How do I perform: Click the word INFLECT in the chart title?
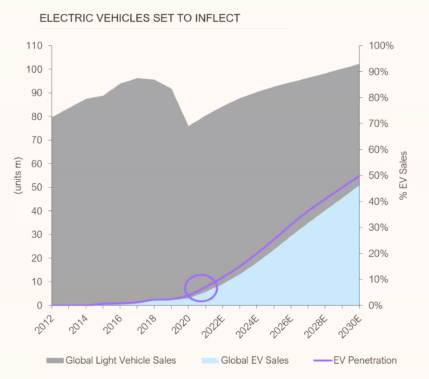click(217, 18)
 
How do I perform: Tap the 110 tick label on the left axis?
click(34, 46)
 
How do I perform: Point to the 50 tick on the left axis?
click(37, 187)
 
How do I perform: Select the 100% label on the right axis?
click(381, 46)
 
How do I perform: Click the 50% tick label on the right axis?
click(379, 176)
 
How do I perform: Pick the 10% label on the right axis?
click(379, 279)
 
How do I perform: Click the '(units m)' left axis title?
click(18, 176)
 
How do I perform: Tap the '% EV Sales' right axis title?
click(404, 176)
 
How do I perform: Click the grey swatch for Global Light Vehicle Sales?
click(55, 360)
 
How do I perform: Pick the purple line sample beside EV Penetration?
click(323, 360)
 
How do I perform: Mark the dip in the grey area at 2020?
click(188, 126)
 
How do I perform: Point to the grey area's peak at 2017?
click(138, 78)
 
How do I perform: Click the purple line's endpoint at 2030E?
click(359, 176)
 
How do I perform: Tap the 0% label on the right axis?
click(376, 306)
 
